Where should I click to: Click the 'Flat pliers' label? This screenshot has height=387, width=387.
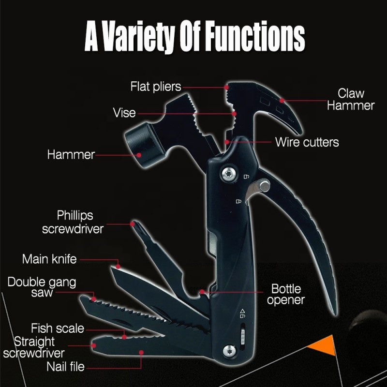tap(155, 87)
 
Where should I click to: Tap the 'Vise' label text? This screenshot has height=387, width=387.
tap(124, 113)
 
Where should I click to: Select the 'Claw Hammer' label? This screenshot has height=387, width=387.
tap(351, 99)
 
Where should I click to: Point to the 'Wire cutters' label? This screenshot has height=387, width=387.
tap(307, 142)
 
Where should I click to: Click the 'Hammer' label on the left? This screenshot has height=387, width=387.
tap(71, 155)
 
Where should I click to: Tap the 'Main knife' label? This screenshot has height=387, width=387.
tap(49, 259)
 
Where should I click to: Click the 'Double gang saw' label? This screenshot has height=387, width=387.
tap(42, 287)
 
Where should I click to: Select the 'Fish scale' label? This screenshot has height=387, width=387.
tap(58, 328)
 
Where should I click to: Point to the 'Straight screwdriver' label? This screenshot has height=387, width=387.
tap(34, 347)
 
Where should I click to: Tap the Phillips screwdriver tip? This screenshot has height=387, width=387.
tap(133, 224)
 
